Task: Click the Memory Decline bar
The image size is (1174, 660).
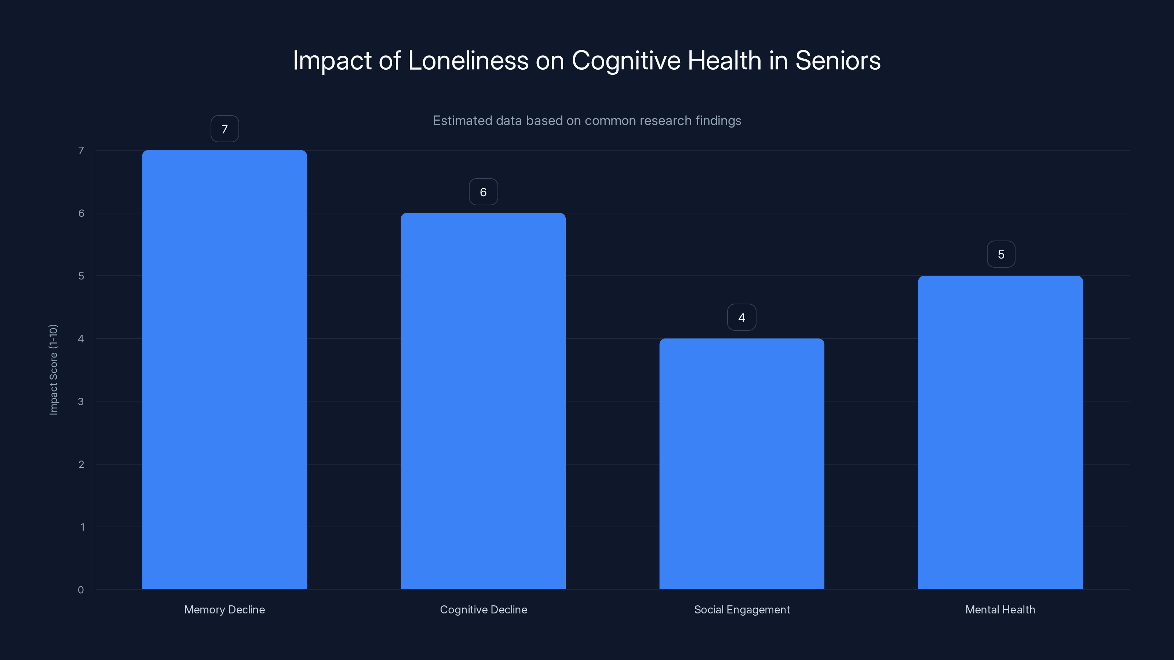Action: coord(224,369)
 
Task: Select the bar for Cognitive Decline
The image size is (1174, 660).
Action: coord(483,401)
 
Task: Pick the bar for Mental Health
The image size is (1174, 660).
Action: coord(1000,432)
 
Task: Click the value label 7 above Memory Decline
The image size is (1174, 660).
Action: coord(225,129)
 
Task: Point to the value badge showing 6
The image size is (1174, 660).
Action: coord(483,192)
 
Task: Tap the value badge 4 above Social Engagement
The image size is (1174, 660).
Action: coord(741,318)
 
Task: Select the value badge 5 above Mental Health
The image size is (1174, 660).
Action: coord(1001,254)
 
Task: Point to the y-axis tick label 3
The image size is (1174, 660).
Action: coord(81,401)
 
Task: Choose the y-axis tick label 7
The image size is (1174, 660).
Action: coord(81,150)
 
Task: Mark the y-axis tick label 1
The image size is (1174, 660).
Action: coord(82,527)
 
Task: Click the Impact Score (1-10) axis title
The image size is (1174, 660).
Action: coord(53,369)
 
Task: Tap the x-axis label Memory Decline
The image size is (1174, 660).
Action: coord(224,609)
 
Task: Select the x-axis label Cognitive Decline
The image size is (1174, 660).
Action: coord(483,609)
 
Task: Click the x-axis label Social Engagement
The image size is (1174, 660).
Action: coord(741,609)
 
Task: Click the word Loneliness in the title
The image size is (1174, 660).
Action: coord(468,60)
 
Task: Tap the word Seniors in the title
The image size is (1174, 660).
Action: coord(838,60)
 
